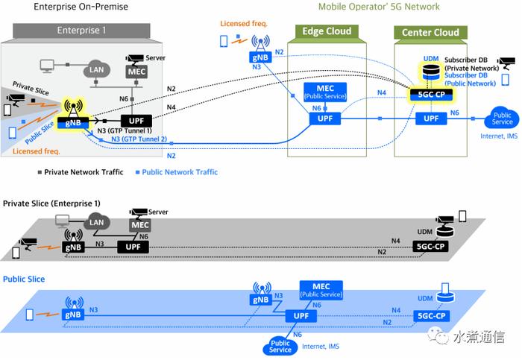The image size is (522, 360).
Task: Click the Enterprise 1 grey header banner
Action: pyautogui.click(x=81, y=31)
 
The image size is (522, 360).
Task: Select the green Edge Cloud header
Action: pyautogui.click(x=327, y=31)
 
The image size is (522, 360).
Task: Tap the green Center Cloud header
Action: pyautogui.click(x=430, y=32)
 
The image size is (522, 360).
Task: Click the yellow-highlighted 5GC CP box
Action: pyautogui.click(x=431, y=95)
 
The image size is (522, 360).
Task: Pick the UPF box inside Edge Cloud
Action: pyautogui.click(x=325, y=119)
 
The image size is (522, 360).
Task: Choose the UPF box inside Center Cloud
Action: pyautogui.click(x=431, y=119)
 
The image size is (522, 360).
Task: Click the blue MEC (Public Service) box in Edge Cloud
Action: pyautogui.click(x=325, y=92)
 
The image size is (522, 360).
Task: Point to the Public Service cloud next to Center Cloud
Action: pyautogui.click(x=502, y=119)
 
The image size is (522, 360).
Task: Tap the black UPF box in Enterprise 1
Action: pyautogui.click(x=136, y=121)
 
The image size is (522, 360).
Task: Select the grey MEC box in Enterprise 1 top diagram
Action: pyautogui.click(x=136, y=72)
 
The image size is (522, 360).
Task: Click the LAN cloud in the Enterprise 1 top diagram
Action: pyautogui.click(x=96, y=69)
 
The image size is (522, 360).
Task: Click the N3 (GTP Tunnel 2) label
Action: pyautogui.click(x=139, y=139)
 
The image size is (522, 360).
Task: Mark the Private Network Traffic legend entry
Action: pyautogui.click(x=81, y=172)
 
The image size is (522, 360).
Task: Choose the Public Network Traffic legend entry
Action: pyautogui.click(x=177, y=172)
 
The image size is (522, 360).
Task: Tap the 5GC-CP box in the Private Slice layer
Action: pyautogui.click(x=430, y=247)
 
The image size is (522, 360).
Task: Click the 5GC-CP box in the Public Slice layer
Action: pyautogui.click(x=432, y=316)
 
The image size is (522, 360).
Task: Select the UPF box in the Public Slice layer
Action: pyautogui.click(x=301, y=316)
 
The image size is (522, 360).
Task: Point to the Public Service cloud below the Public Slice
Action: pyautogui.click(x=280, y=347)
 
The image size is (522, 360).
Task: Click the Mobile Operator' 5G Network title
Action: pyautogui.click(x=379, y=7)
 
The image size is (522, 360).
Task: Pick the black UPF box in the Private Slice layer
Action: pyautogui.click(x=133, y=247)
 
